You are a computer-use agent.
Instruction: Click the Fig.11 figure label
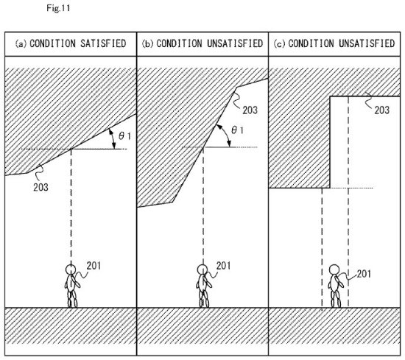tap(58, 8)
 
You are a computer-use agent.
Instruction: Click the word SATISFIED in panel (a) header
tap(103, 43)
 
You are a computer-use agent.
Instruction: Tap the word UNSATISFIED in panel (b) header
tap(235, 43)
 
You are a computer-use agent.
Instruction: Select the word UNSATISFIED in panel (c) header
tap(367, 43)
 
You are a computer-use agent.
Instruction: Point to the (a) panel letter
tap(21, 43)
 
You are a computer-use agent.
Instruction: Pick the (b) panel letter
tap(147, 43)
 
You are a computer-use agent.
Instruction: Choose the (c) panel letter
tap(279, 43)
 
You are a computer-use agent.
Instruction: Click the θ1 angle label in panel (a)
tap(125, 135)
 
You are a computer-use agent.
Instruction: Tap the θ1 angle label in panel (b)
tap(237, 130)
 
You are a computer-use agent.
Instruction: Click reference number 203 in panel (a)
tap(40, 187)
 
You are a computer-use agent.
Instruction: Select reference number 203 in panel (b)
tap(250, 110)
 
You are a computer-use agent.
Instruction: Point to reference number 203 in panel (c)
tap(381, 110)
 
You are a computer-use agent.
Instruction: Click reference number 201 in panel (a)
tap(94, 266)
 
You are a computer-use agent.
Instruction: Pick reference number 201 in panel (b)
tap(223, 266)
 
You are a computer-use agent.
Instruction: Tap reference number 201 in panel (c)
tap(364, 273)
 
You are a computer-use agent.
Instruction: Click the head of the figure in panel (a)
tap(71, 269)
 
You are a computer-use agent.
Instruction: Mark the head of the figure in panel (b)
tap(202, 269)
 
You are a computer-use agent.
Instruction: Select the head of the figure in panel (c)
tap(334, 269)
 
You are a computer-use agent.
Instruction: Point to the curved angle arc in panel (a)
tap(113, 138)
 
